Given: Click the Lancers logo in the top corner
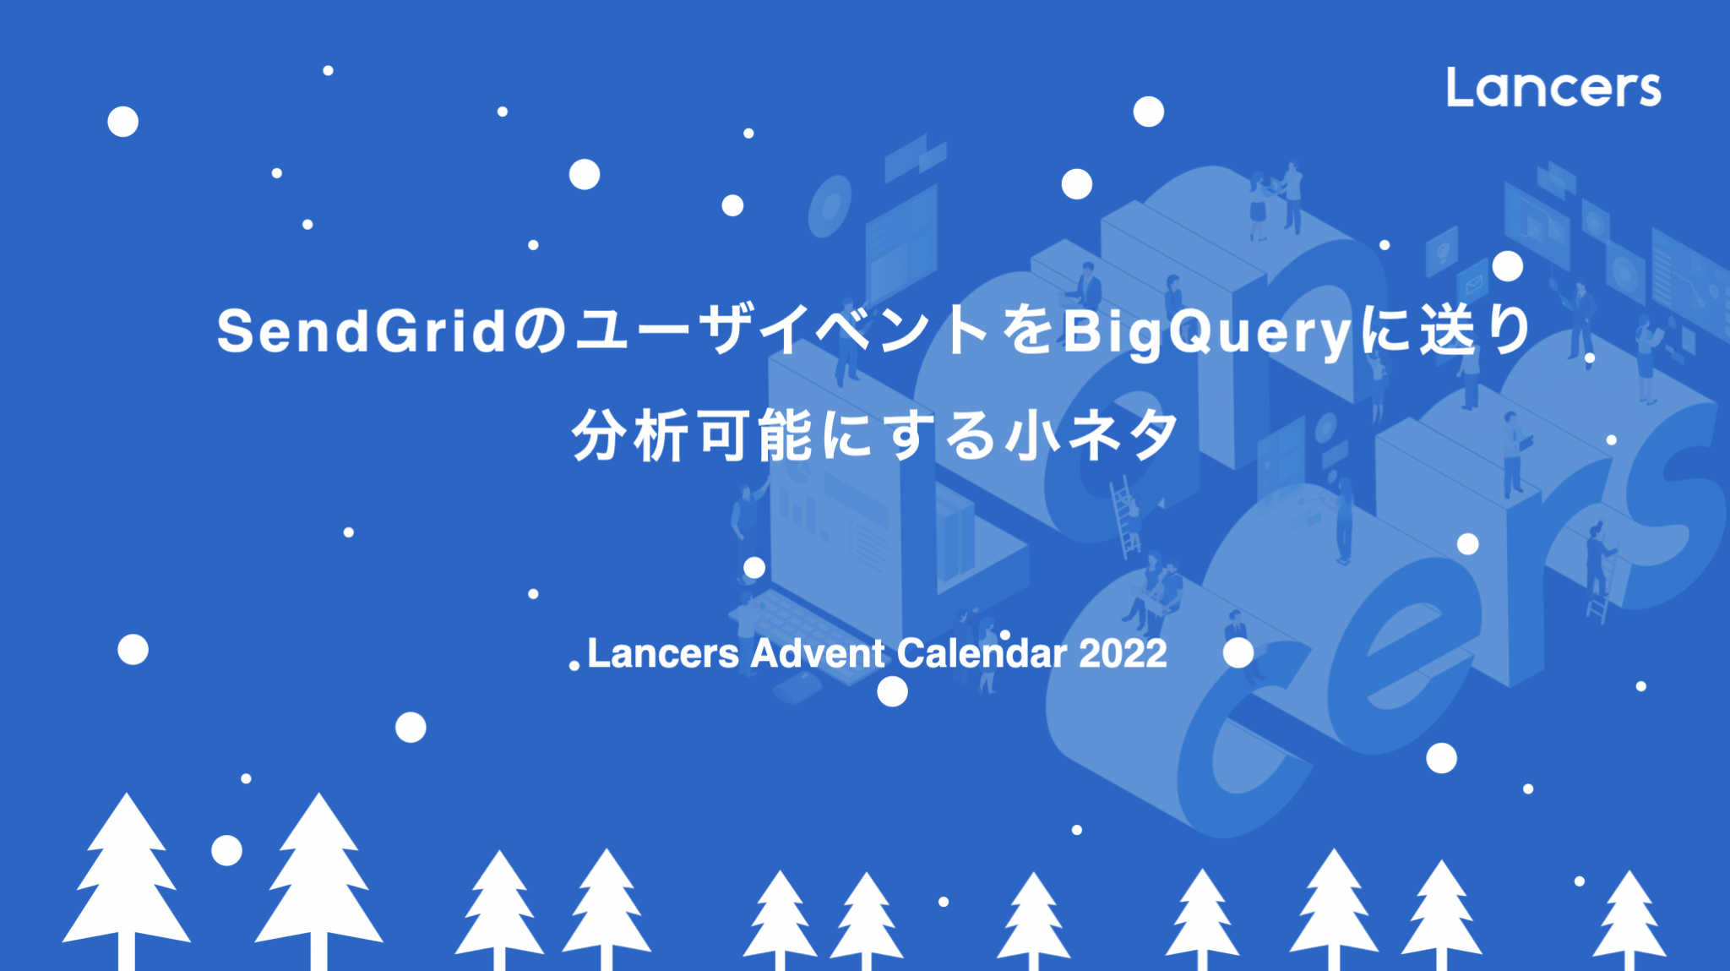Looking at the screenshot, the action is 1553,88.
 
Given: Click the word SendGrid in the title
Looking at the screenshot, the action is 362,330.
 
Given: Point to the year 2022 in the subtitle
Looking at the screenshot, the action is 1123,653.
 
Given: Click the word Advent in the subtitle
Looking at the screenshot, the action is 818,653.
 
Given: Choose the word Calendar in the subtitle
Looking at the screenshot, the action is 982,653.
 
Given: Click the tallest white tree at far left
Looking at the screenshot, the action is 127,879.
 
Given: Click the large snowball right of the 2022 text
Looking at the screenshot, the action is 1238,652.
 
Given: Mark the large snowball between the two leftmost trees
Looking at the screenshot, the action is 226,850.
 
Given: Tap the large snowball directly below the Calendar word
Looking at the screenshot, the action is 892,691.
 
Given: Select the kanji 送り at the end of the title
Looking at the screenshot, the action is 1475,330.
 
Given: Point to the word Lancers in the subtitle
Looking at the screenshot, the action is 663,653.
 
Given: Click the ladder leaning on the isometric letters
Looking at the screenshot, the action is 1124,517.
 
